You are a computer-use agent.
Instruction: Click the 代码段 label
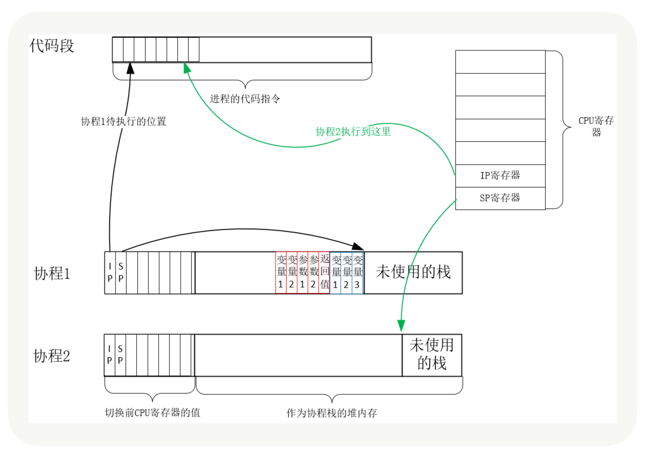click(x=52, y=46)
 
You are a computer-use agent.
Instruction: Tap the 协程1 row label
click(x=52, y=273)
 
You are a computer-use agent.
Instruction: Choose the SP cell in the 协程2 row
click(x=120, y=355)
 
